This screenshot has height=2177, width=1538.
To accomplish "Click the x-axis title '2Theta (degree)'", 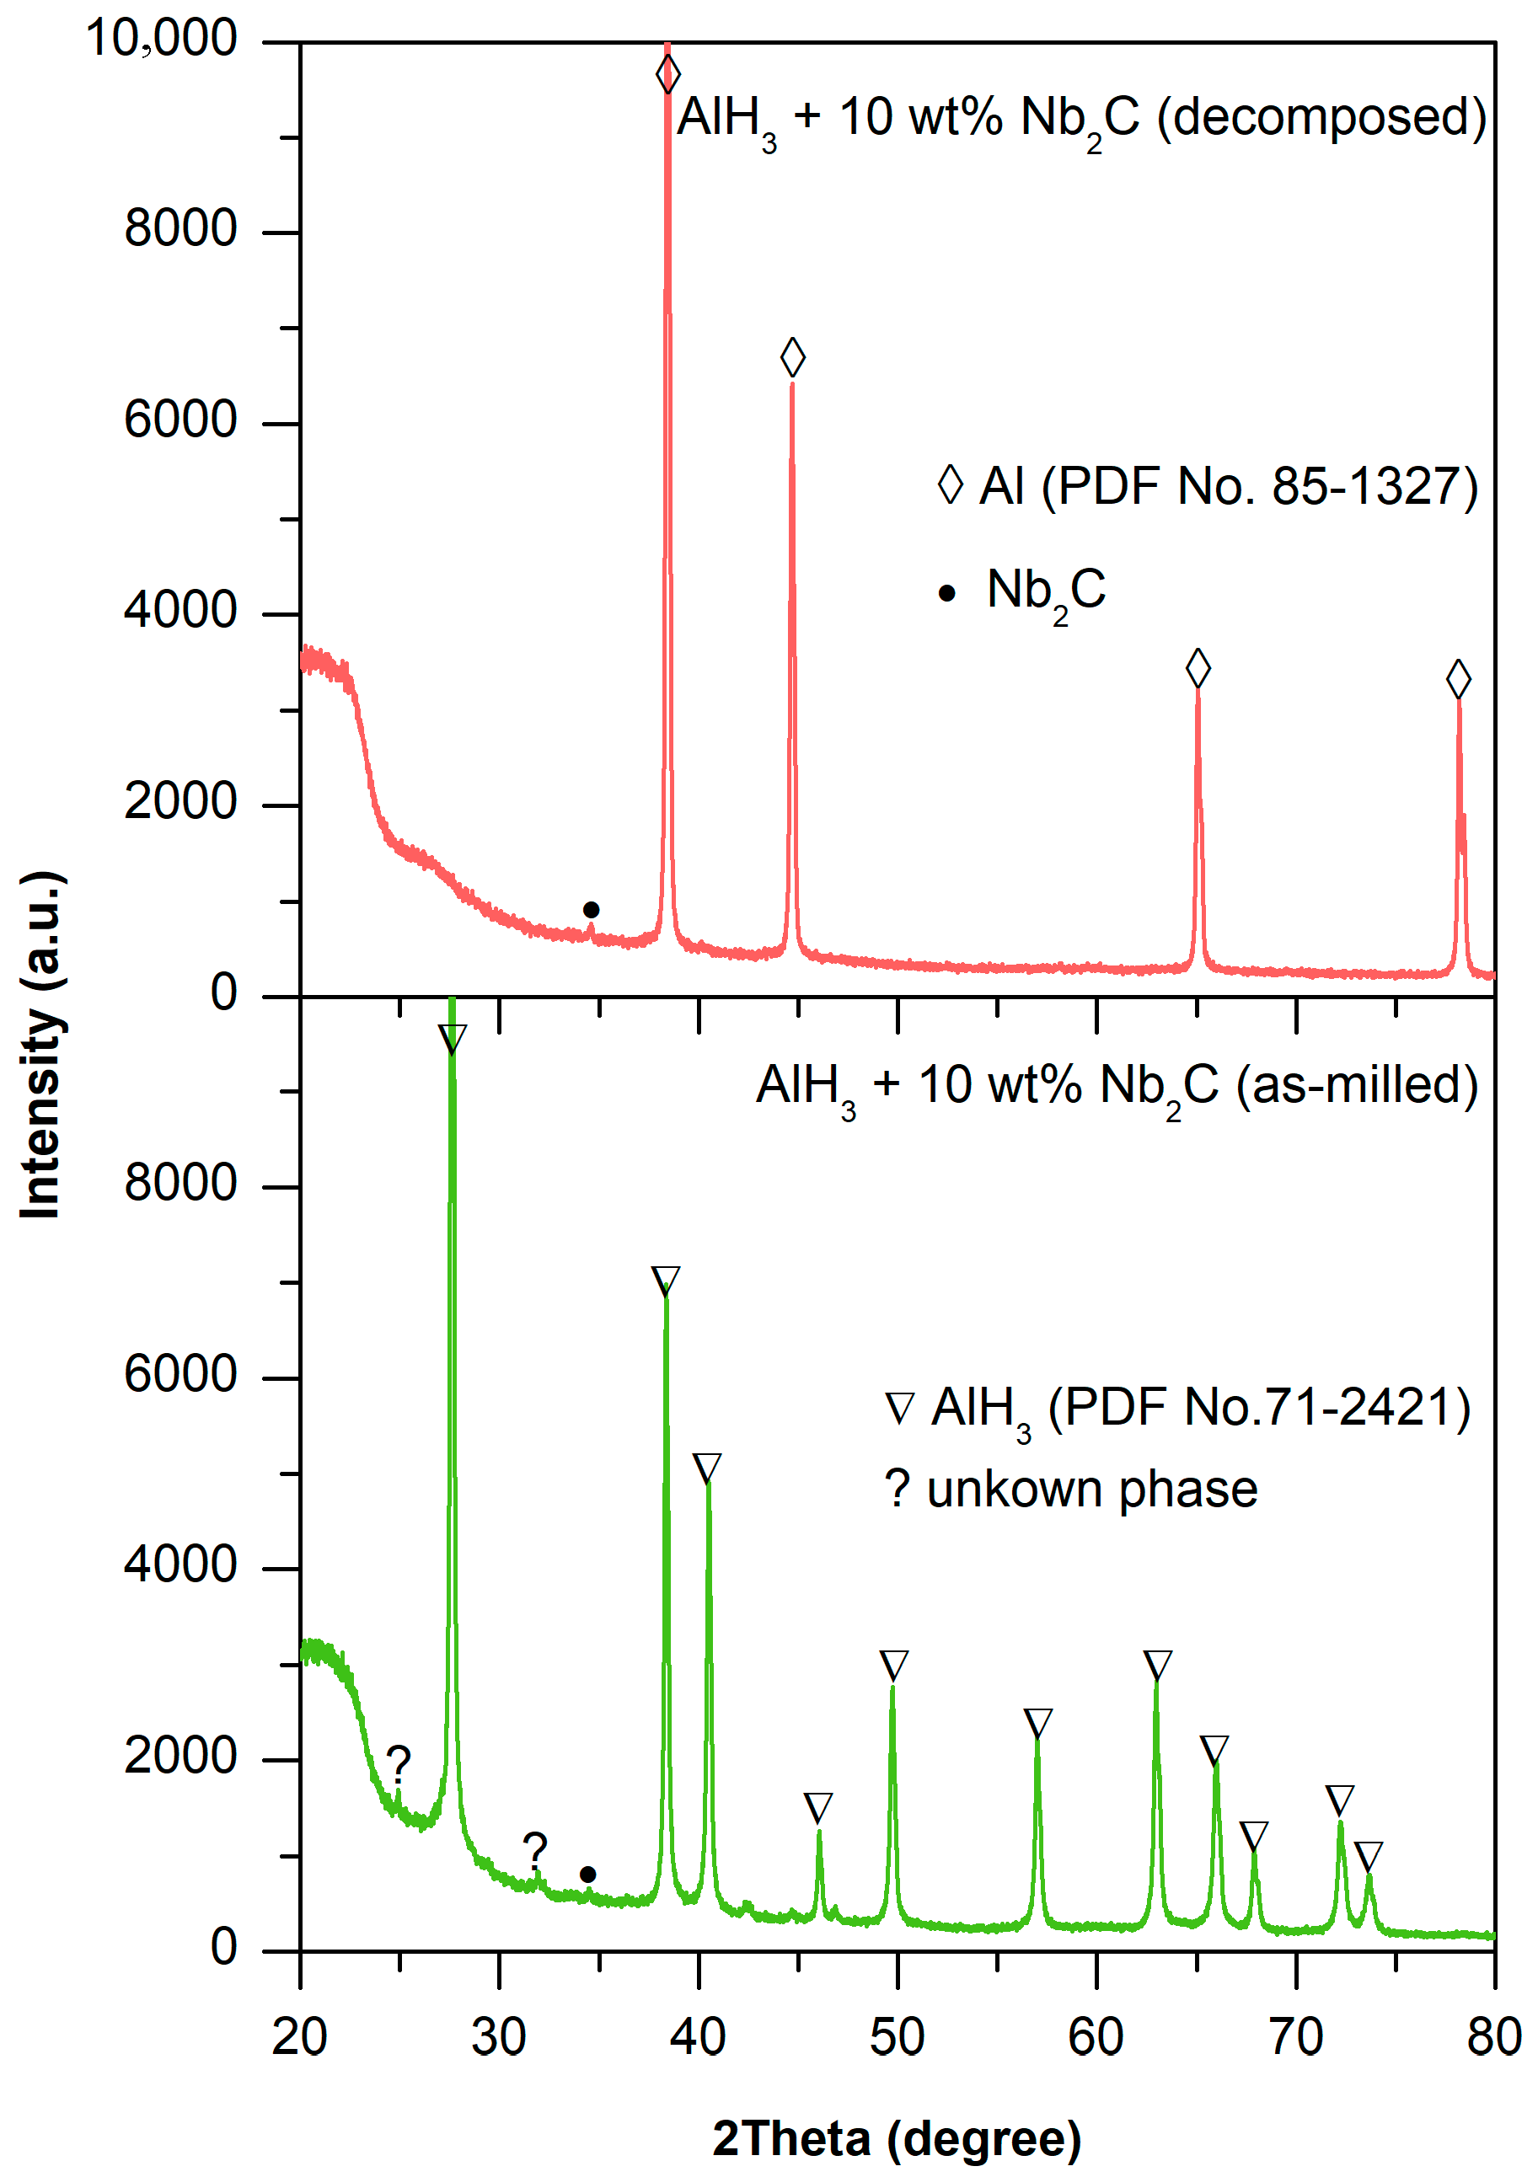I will point(897,2138).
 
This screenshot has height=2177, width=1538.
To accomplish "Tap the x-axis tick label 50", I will point(897,2035).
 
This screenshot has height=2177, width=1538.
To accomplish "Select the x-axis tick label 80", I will point(1493,2035).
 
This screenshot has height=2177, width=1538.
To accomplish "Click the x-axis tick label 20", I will point(300,2035).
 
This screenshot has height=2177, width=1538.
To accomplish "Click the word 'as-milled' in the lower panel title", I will point(1356,1084).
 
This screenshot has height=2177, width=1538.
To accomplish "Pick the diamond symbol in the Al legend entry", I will point(950,484).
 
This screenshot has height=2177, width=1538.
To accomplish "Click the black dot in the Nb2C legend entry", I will point(946,594).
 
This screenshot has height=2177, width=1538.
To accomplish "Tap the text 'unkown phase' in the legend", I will point(1091,1490).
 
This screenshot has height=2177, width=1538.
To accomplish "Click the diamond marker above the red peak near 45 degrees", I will point(793,357).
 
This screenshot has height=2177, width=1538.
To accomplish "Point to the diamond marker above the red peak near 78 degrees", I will point(1458,679).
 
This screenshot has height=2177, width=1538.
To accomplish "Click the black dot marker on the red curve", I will point(591,910).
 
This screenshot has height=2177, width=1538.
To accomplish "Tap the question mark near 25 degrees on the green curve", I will point(399,1763).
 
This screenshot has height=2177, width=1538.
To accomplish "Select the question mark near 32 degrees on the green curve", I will point(535,1850).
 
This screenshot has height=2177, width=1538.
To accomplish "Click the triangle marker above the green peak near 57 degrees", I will point(1038,1722).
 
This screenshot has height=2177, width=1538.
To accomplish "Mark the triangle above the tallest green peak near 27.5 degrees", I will point(453,1038).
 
